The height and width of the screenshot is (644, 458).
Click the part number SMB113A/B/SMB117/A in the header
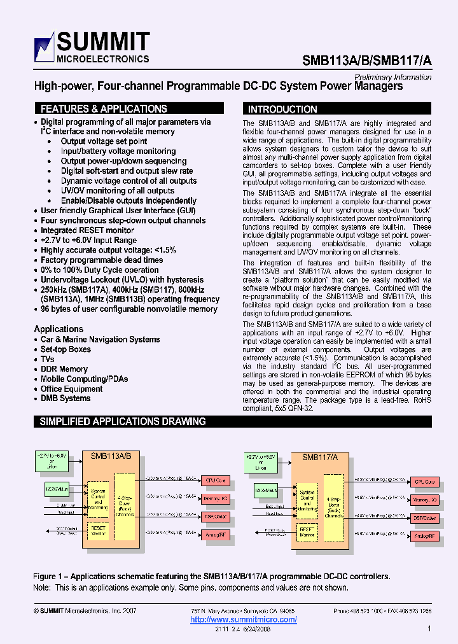[366, 60]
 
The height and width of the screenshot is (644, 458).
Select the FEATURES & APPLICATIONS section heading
[104, 109]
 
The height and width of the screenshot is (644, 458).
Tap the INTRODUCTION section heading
[282, 109]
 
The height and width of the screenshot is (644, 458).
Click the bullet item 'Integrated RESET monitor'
[87, 230]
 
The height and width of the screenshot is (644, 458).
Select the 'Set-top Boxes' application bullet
[66, 349]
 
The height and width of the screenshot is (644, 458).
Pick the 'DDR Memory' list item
[64, 369]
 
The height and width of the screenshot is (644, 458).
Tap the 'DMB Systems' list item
[66, 398]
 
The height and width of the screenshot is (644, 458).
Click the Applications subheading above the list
[59, 329]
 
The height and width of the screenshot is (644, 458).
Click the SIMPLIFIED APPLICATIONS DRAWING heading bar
[123, 421]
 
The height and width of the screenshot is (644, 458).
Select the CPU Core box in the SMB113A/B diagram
[216, 480]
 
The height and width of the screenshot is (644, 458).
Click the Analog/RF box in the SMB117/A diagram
[424, 536]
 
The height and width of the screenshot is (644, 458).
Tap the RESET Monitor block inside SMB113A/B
[98, 530]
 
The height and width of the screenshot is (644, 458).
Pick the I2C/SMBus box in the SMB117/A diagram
[265, 491]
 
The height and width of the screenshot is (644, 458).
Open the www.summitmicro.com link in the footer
[244, 619]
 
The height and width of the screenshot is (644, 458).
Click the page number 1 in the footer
[429, 629]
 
